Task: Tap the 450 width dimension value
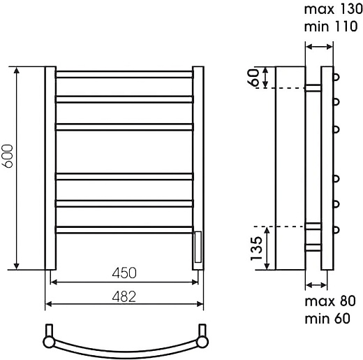pos(124,273)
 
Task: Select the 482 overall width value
pos(124,296)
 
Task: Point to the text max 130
pos(333,9)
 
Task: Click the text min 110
pos(331,27)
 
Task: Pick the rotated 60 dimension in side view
pos(253,77)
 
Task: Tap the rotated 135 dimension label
pos(256,248)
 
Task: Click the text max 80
pos(330,301)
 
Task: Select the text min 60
pos(327,318)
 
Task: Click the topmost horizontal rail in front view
pos(124,74)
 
